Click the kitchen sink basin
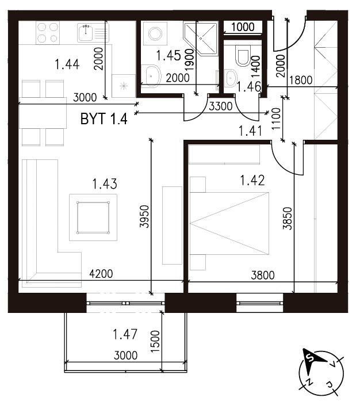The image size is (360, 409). tap(86, 33)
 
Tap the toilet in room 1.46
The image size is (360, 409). tap(243, 55)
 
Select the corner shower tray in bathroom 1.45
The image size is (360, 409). tap(201, 39)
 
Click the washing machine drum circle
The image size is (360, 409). tap(155, 33)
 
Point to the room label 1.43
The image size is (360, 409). tap(105, 184)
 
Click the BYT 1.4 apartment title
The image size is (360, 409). tap(104, 119)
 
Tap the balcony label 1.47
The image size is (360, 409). tap(125, 334)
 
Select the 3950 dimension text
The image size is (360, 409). tap(144, 216)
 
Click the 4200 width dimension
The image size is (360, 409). tap(101, 274)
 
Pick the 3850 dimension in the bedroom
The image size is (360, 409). tap(287, 218)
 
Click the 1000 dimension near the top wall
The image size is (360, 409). tap(243, 27)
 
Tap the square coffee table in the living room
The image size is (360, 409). tap(93, 217)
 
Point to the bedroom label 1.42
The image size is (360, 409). tap(252, 180)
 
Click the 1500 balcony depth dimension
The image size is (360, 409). tap(155, 341)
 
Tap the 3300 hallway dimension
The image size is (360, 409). tap(221, 106)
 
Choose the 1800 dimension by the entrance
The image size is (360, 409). tap(301, 80)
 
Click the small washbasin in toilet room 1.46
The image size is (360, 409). tap(231, 77)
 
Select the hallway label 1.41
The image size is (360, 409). tap(251, 131)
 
